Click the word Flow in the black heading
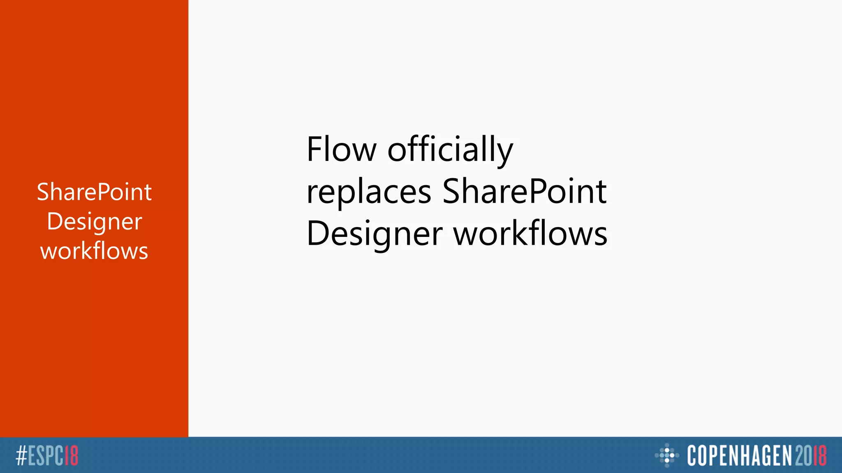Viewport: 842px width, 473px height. pos(341,149)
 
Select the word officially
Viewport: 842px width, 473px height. pos(450,149)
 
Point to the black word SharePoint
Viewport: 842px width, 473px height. pos(524,192)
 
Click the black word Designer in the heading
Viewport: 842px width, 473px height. pos(375,234)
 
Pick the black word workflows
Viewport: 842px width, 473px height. pos(530,234)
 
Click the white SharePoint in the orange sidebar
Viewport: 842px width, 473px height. pos(94,192)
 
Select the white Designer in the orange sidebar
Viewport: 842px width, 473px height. pos(94,222)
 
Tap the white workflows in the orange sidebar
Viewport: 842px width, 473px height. pos(94,251)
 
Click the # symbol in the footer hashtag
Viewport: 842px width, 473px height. pos(21,456)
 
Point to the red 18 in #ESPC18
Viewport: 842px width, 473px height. pos(72,456)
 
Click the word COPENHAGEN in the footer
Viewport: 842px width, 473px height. pos(739,456)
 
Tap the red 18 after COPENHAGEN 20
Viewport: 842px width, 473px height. pos(820,456)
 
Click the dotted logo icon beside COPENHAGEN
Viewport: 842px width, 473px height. pos(667,455)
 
